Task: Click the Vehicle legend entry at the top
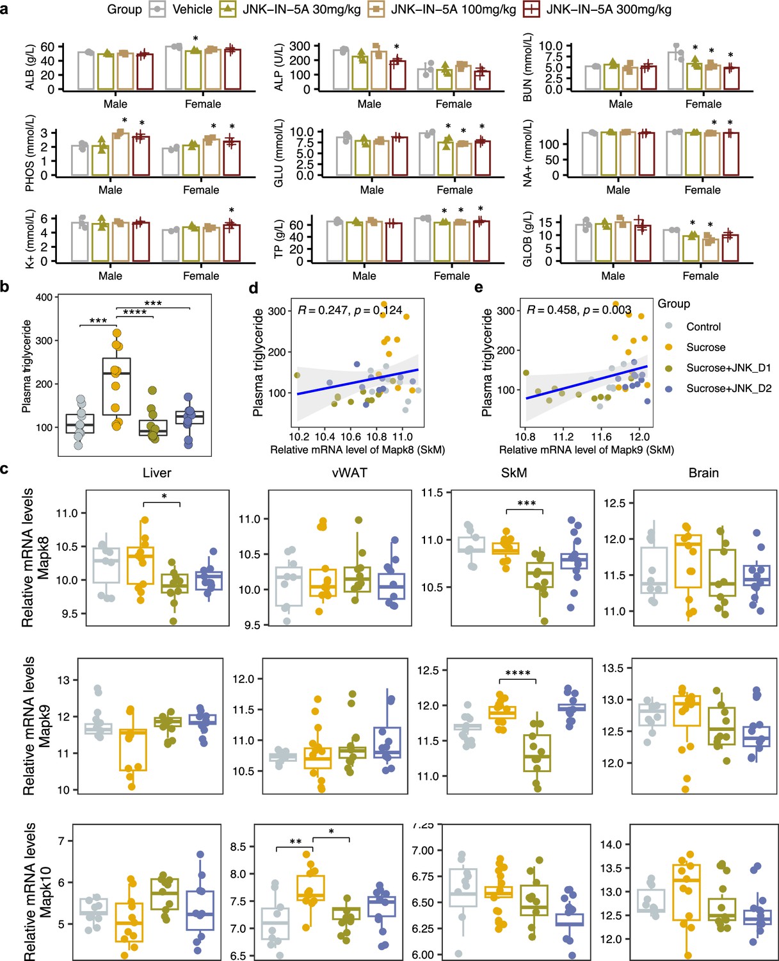[181, 9]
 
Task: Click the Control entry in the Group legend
[703, 326]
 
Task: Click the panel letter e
[479, 287]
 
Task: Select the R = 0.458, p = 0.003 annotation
[579, 310]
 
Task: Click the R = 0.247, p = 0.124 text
[349, 310]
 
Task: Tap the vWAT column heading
[349, 472]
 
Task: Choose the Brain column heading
[703, 472]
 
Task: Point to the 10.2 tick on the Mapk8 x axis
[299, 436]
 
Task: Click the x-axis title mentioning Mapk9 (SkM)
[586, 450]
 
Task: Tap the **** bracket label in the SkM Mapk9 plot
[518, 674]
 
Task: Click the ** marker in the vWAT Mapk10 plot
[295, 841]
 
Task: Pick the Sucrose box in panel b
[116, 386]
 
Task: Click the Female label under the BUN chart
[703, 104]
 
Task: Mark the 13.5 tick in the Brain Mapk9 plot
[613, 668]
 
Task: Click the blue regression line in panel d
[357, 382]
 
